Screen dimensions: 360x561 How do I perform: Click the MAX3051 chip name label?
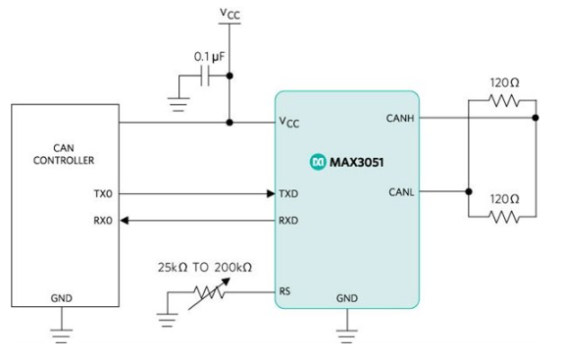[354, 159]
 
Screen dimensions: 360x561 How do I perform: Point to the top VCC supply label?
[229, 13]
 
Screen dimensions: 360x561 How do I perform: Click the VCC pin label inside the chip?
[289, 124]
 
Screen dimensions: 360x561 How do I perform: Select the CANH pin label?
[401, 118]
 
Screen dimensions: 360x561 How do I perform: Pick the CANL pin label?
[401, 192]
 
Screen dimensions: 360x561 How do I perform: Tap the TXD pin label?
[288, 194]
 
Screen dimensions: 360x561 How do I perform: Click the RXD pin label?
[288, 220]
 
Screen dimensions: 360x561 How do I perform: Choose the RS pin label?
[285, 291]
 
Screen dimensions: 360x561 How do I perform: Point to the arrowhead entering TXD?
[268, 194]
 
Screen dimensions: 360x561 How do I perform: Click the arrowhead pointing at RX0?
[127, 221]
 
